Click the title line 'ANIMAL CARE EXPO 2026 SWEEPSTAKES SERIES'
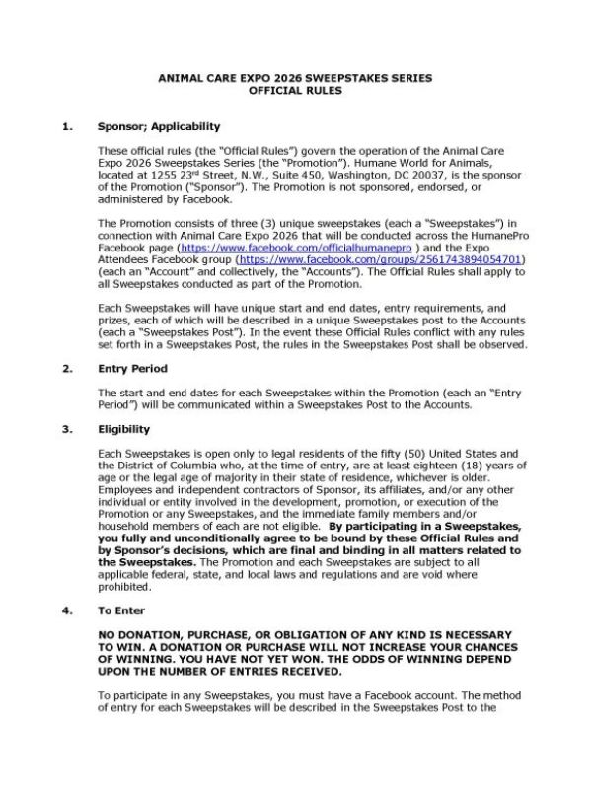tap(295, 78)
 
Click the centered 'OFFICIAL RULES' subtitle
tap(295, 91)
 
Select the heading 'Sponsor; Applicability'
tap(158, 126)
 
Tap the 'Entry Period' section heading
tap(132, 369)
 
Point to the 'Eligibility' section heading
tap(124, 429)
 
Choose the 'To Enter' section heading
tap(121, 610)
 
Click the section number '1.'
tap(67, 126)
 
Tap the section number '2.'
tap(67, 369)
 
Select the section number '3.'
tap(67, 429)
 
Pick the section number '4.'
tap(67, 610)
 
